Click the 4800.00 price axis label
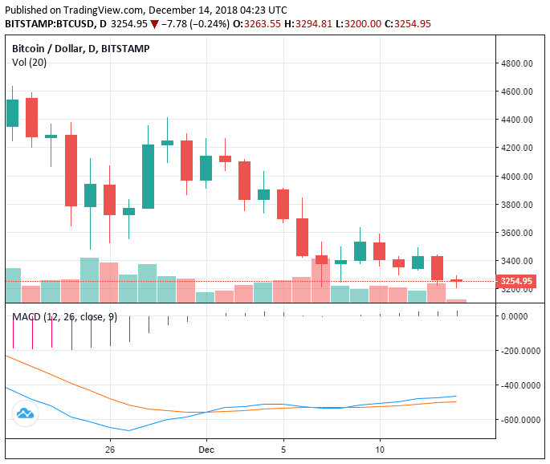click(x=518, y=63)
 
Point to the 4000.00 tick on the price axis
click(x=518, y=177)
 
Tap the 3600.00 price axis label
click(x=518, y=233)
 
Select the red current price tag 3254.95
click(x=516, y=281)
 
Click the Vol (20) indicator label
click(x=29, y=62)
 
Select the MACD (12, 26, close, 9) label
click(x=64, y=317)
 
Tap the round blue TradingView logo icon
click(x=25, y=413)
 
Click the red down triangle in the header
click(x=154, y=24)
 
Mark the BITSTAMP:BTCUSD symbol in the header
click(x=47, y=23)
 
